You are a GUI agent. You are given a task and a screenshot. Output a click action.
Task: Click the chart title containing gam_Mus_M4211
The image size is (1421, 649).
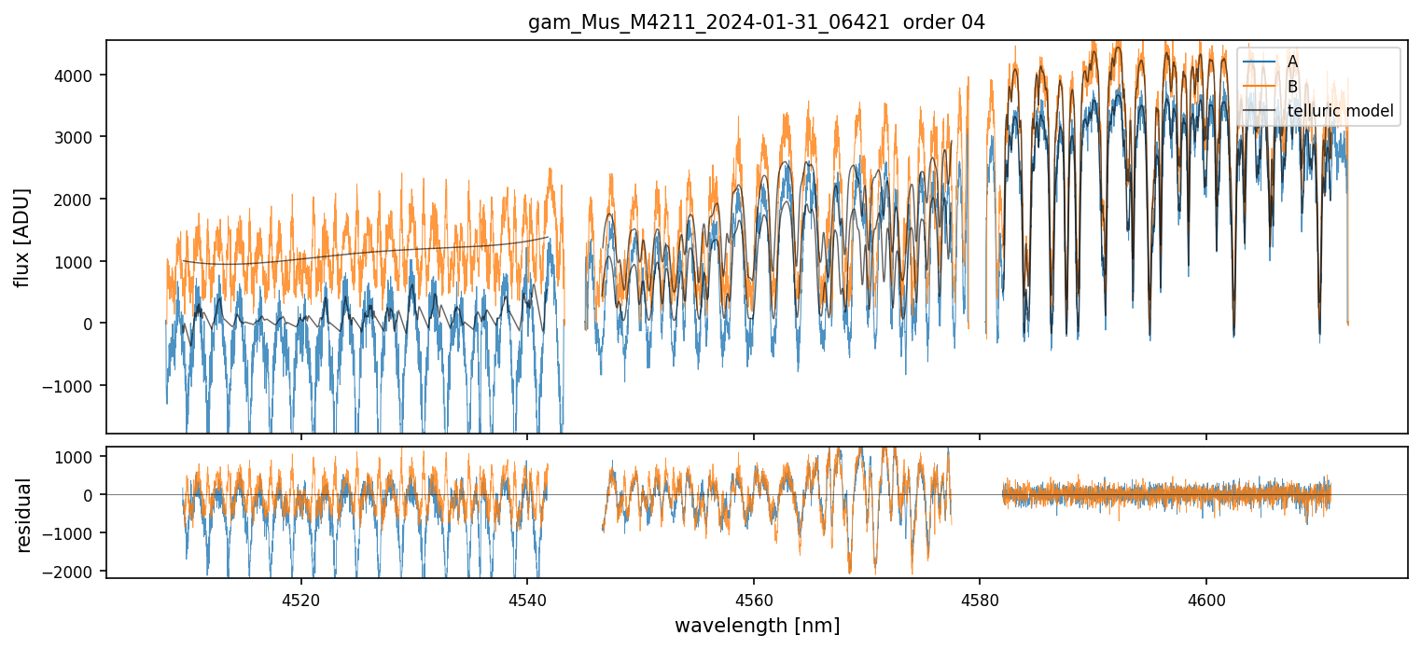[757, 22]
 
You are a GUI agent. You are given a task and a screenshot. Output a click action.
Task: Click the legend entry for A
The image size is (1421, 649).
[1292, 62]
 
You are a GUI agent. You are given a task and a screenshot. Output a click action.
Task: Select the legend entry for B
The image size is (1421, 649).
[1292, 87]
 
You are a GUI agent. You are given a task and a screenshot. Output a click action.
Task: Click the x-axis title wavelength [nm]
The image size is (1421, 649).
[757, 625]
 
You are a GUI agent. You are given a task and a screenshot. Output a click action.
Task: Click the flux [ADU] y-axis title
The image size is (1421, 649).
[22, 237]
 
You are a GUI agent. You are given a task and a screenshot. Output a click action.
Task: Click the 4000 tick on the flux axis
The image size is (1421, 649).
[77, 76]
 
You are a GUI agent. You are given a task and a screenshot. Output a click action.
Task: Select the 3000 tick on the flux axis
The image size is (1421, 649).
[77, 137]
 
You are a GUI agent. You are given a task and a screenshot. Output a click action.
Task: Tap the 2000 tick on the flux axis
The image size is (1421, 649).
[77, 200]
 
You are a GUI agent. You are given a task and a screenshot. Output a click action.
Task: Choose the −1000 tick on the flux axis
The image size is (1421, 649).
[74, 385]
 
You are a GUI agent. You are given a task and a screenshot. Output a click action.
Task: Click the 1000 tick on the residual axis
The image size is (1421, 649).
[77, 457]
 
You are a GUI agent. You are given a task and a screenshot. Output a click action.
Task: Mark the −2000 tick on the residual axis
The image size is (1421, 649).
[74, 571]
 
